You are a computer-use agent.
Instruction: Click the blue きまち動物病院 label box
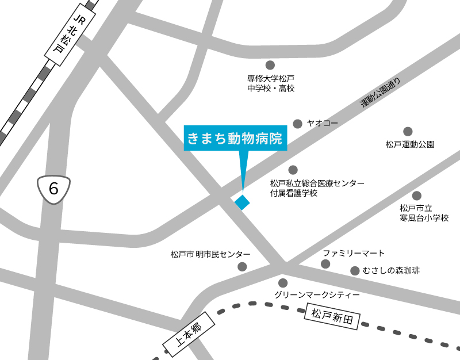[x=235, y=139]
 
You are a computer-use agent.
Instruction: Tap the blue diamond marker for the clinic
[x=242, y=202]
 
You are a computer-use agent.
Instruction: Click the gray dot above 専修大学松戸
[x=270, y=65]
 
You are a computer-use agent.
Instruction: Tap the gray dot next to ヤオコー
[x=297, y=124]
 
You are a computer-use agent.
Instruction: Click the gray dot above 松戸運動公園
[x=408, y=132]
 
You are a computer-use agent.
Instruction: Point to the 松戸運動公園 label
[x=409, y=145]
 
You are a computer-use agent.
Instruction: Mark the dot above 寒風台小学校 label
[x=417, y=196]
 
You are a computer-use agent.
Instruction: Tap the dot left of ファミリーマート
[x=325, y=264]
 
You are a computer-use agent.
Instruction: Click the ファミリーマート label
[x=354, y=253]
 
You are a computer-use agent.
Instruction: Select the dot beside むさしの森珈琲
[x=354, y=270]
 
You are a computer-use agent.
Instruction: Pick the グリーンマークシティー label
[x=317, y=294]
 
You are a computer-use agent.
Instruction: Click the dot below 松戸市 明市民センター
[x=242, y=266]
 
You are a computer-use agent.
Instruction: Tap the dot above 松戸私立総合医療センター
[x=293, y=170]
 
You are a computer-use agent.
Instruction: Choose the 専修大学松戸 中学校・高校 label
[x=271, y=83]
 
